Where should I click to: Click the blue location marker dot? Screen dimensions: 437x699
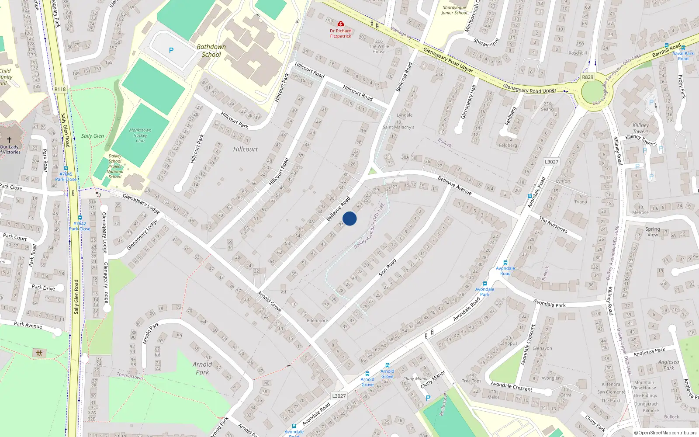(x=349, y=218)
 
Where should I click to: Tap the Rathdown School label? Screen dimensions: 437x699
(x=211, y=51)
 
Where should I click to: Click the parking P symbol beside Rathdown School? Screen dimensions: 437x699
(x=171, y=50)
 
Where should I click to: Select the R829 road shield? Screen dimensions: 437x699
(x=588, y=77)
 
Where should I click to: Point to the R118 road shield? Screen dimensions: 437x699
(x=60, y=89)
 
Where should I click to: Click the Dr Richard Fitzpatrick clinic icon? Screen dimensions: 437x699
(x=341, y=24)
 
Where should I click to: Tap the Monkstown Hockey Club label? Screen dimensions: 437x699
(x=140, y=135)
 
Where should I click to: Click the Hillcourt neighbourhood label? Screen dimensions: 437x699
(x=246, y=149)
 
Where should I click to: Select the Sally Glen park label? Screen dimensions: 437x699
(x=93, y=136)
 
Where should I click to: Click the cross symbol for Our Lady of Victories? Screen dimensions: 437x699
(x=9, y=140)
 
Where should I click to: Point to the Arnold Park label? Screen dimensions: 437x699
(x=202, y=368)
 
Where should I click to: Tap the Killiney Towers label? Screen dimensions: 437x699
(x=641, y=128)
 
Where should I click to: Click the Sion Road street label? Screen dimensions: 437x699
(x=388, y=267)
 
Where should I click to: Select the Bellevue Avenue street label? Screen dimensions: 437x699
(x=455, y=185)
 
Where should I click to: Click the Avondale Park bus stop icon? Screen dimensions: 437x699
(x=485, y=284)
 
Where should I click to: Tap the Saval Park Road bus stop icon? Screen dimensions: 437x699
(x=683, y=48)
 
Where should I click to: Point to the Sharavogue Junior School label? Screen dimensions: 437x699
(x=454, y=10)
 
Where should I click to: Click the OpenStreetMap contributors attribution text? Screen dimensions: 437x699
(x=665, y=433)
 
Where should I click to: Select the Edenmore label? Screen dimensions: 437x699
(x=317, y=320)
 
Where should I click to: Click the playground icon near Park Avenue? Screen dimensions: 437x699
(x=39, y=352)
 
